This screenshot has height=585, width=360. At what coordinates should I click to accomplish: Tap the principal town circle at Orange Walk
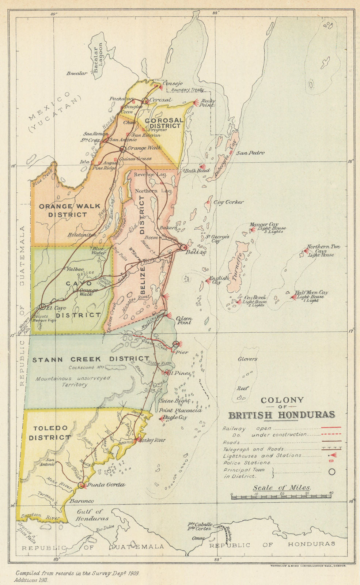click(x=123, y=149)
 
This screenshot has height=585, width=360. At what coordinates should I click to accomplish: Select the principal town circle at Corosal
click(x=145, y=100)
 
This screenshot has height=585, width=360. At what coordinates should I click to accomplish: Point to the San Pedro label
click(x=250, y=153)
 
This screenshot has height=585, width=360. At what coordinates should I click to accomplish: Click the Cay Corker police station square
click(x=208, y=202)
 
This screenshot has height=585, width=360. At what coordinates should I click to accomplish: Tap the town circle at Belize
click(x=183, y=248)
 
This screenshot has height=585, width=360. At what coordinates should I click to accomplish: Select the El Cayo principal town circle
click(x=42, y=306)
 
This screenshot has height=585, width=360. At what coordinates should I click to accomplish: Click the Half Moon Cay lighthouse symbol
click(x=293, y=297)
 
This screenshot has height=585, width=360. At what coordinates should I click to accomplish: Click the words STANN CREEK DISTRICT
click(x=91, y=359)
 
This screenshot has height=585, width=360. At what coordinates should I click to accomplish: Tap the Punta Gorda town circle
click(x=81, y=485)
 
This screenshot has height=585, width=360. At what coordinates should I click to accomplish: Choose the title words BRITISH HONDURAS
click(x=282, y=415)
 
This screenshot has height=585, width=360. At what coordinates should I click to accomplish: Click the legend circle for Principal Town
click(x=331, y=472)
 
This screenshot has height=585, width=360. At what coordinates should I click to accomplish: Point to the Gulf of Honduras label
click(x=92, y=515)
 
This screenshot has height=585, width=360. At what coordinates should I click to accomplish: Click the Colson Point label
click(x=184, y=321)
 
